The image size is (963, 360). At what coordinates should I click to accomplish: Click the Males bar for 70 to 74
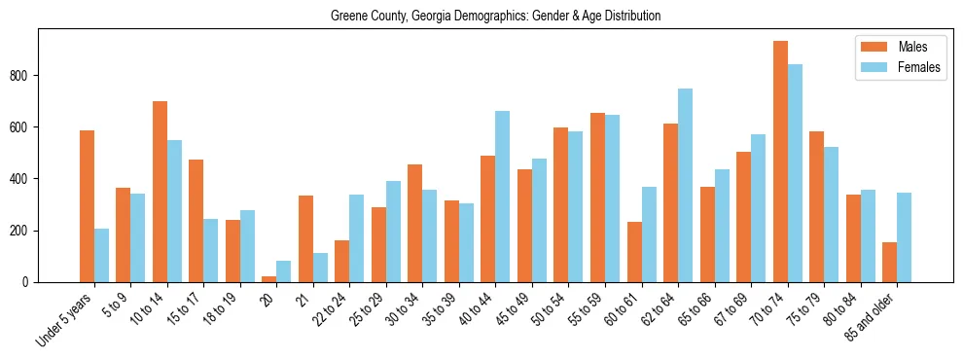(x=780, y=162)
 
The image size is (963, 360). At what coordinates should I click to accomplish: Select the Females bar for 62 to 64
(x=685, y=185)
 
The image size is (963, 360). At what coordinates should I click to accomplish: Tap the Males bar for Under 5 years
(x=87, y=206)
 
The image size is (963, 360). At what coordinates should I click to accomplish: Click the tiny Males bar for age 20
(x=269, y=279)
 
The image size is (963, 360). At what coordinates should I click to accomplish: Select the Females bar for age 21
(x=320, y=268)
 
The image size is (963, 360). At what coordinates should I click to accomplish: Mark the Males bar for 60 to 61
(x=634, y=252)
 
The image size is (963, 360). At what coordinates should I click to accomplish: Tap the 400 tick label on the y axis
(x=27, y=179)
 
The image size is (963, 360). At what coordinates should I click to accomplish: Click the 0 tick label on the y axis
(x=32, y=282)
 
